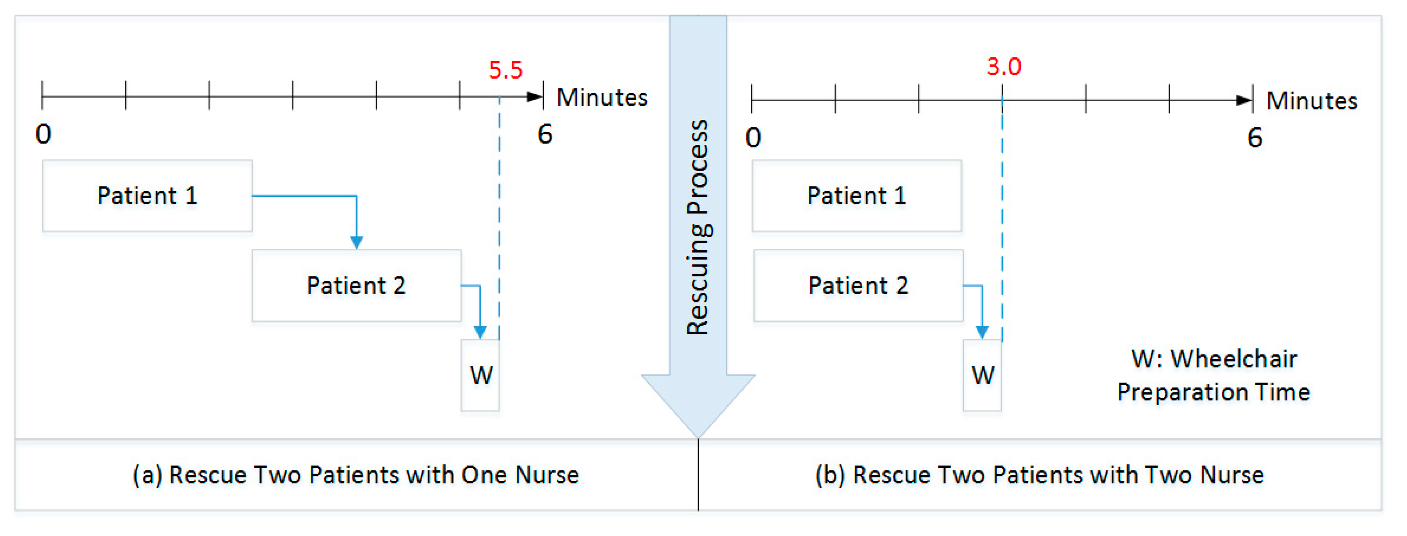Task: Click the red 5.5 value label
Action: [505, 70]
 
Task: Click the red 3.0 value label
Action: [1003, 67]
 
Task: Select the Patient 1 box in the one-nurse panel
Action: [148, 196]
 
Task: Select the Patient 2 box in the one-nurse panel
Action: [356, 285]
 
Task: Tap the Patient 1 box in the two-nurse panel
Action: [857, 196]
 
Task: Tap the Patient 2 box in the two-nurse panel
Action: [858, 285]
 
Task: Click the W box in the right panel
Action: [982, 375]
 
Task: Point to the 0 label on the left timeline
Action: [44, 134]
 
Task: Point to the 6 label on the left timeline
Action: [545, 134]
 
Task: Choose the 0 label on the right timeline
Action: [753, 137]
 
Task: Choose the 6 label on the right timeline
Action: [1255, 137]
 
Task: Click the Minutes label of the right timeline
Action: [1312, 101]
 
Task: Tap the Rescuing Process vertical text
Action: [698, 227]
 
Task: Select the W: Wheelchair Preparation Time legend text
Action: [1213, 375]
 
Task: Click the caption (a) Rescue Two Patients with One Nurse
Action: [356, 475]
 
